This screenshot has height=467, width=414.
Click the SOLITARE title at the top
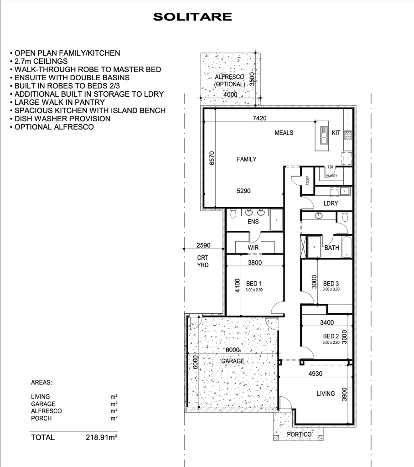click(x=192, y=17)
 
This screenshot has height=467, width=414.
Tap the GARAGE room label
click(x=233, y=361)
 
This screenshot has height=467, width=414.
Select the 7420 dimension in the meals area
click(x=259, y=118)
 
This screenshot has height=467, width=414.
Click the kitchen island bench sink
click(x=324, y=135)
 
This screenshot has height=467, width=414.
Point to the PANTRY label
click(x=331, y=176)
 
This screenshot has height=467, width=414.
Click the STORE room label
click(x=308, y=181)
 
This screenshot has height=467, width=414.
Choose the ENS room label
click(x=253, y=222)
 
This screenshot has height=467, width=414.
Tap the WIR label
click(x=253, y=248)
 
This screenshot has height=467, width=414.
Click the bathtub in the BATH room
click(x=347, y=247)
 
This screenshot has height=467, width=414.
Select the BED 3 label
click(x=331, y=284)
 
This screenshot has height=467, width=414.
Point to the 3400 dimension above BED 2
click(x=327, y=322)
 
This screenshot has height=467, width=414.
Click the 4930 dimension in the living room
click(x=315, y=374)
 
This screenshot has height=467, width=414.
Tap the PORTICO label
click(x=299, y=435)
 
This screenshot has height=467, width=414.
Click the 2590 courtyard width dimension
click(x=203, y=245)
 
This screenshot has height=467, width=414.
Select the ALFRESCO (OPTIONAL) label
click(x=230, y=80)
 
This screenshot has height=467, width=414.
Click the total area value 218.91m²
click(x=102, y=437)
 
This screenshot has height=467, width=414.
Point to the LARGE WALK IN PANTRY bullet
click(x=57, y=102)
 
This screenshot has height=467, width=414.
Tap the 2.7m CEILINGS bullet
click(x=39, y=61)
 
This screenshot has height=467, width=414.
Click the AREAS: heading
click(x=41, y=383)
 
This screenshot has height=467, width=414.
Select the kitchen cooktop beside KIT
click(x=348, y=135)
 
